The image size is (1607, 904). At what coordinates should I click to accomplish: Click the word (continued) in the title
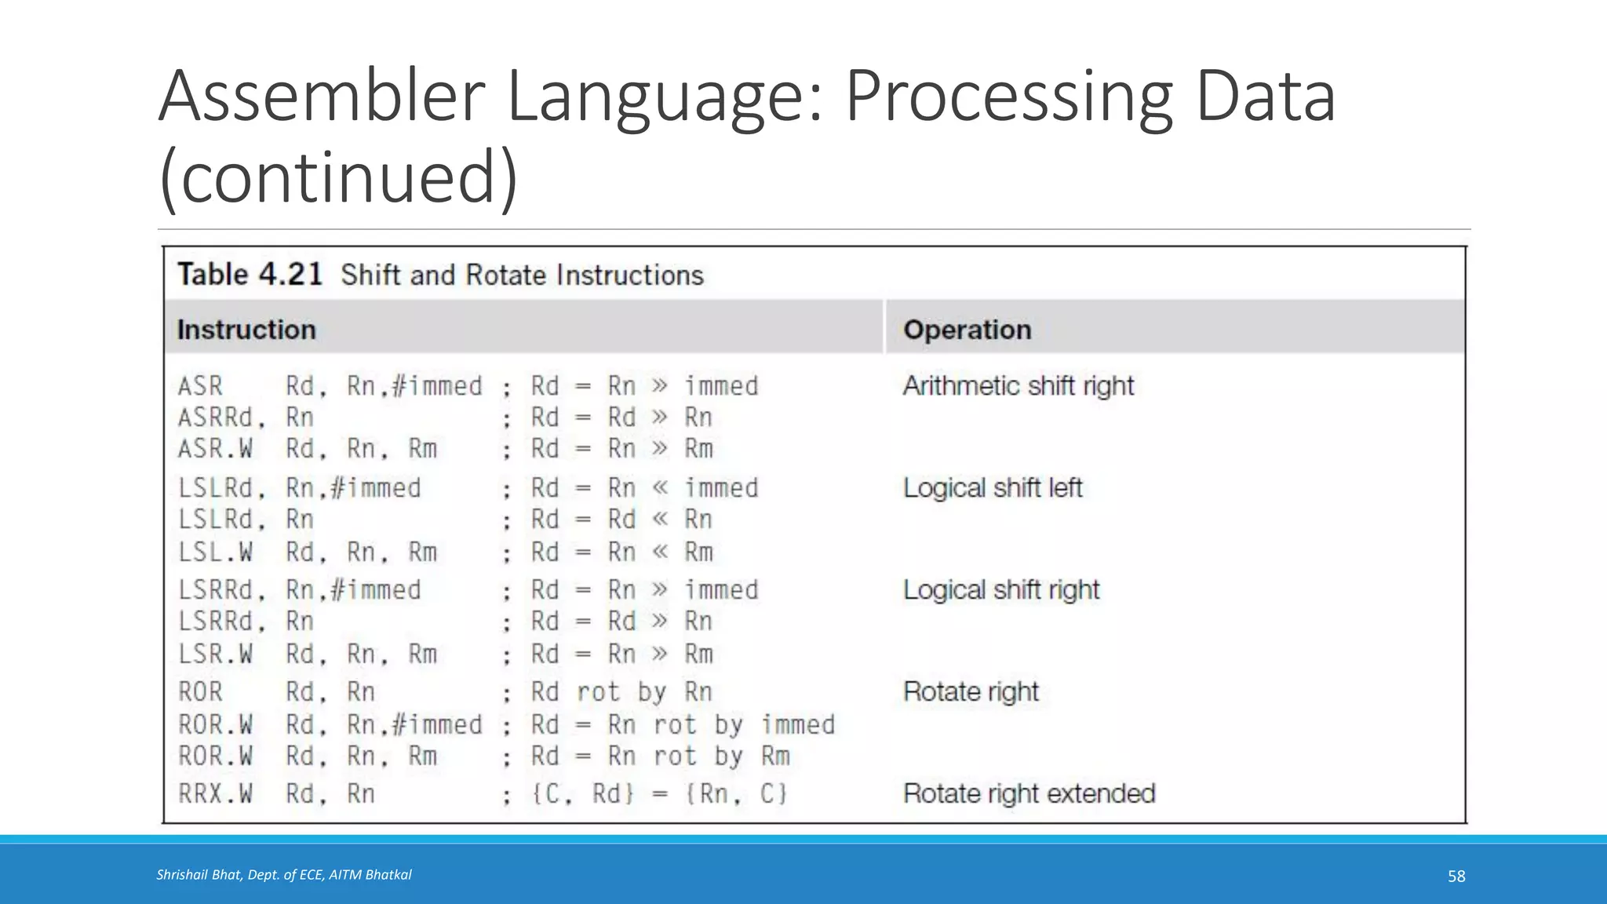tap(338, 177)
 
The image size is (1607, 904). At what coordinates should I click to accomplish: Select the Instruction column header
tap(246, 330)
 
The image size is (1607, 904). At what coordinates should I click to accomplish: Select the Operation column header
tap(967, 330)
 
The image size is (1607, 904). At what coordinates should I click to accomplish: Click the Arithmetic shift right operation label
tap(1018, 386)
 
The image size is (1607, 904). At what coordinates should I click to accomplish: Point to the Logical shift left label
tap(993, 488)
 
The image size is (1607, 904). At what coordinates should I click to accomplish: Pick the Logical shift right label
tap(1001, 590)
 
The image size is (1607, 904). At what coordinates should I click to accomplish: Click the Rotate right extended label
tap(1029, 794)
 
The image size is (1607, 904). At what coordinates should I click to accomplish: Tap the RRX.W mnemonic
tap(215, 794)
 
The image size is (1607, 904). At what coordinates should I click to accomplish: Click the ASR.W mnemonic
tap(215, 449)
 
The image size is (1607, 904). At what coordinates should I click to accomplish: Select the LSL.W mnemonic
tap(215, 552)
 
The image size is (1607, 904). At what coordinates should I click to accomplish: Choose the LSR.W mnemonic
tap(215, 654)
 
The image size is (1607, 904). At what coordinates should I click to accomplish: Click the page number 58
tap(1456, 877)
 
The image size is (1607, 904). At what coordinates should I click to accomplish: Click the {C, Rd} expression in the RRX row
tap(583, 794)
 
